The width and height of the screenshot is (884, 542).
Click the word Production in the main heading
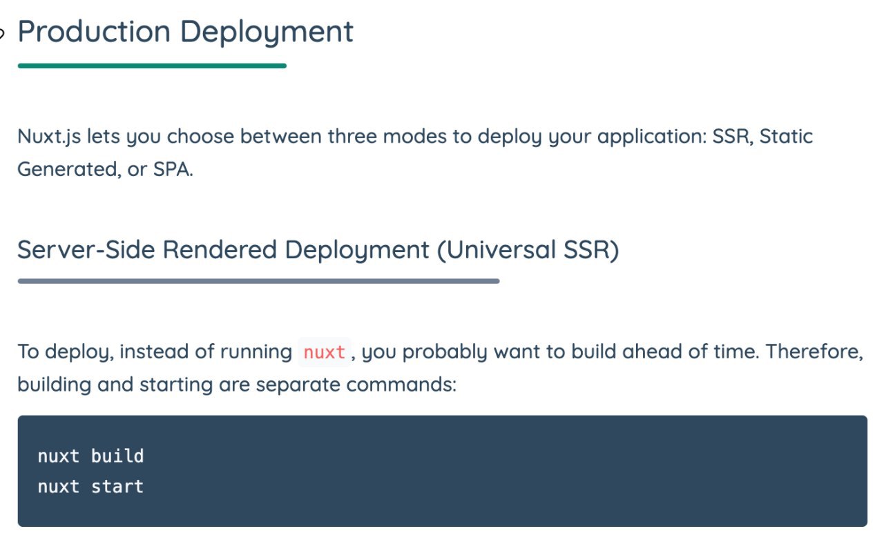click(94, 32)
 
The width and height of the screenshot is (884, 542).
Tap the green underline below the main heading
click(152, 66)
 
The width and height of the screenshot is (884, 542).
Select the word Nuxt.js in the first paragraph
click(49, 137)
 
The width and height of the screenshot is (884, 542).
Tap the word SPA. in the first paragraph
click(173, 170)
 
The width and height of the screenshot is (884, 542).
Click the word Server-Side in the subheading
click(86, 250)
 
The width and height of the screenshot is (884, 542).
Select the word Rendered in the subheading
click(220, 250)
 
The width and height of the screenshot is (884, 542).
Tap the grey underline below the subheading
click(258, 281)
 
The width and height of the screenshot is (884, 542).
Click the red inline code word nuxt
click(325, 352)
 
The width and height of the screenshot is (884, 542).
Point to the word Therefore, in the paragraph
click(814, 351)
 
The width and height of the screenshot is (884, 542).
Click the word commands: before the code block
click(401, 385)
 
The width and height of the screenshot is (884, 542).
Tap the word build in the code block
click(117, 456)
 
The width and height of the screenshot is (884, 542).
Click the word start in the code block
click(117, 487)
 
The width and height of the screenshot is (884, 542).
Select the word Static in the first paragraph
click(786, 137)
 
